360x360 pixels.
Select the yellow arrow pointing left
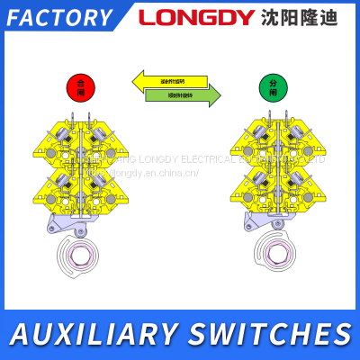170,82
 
